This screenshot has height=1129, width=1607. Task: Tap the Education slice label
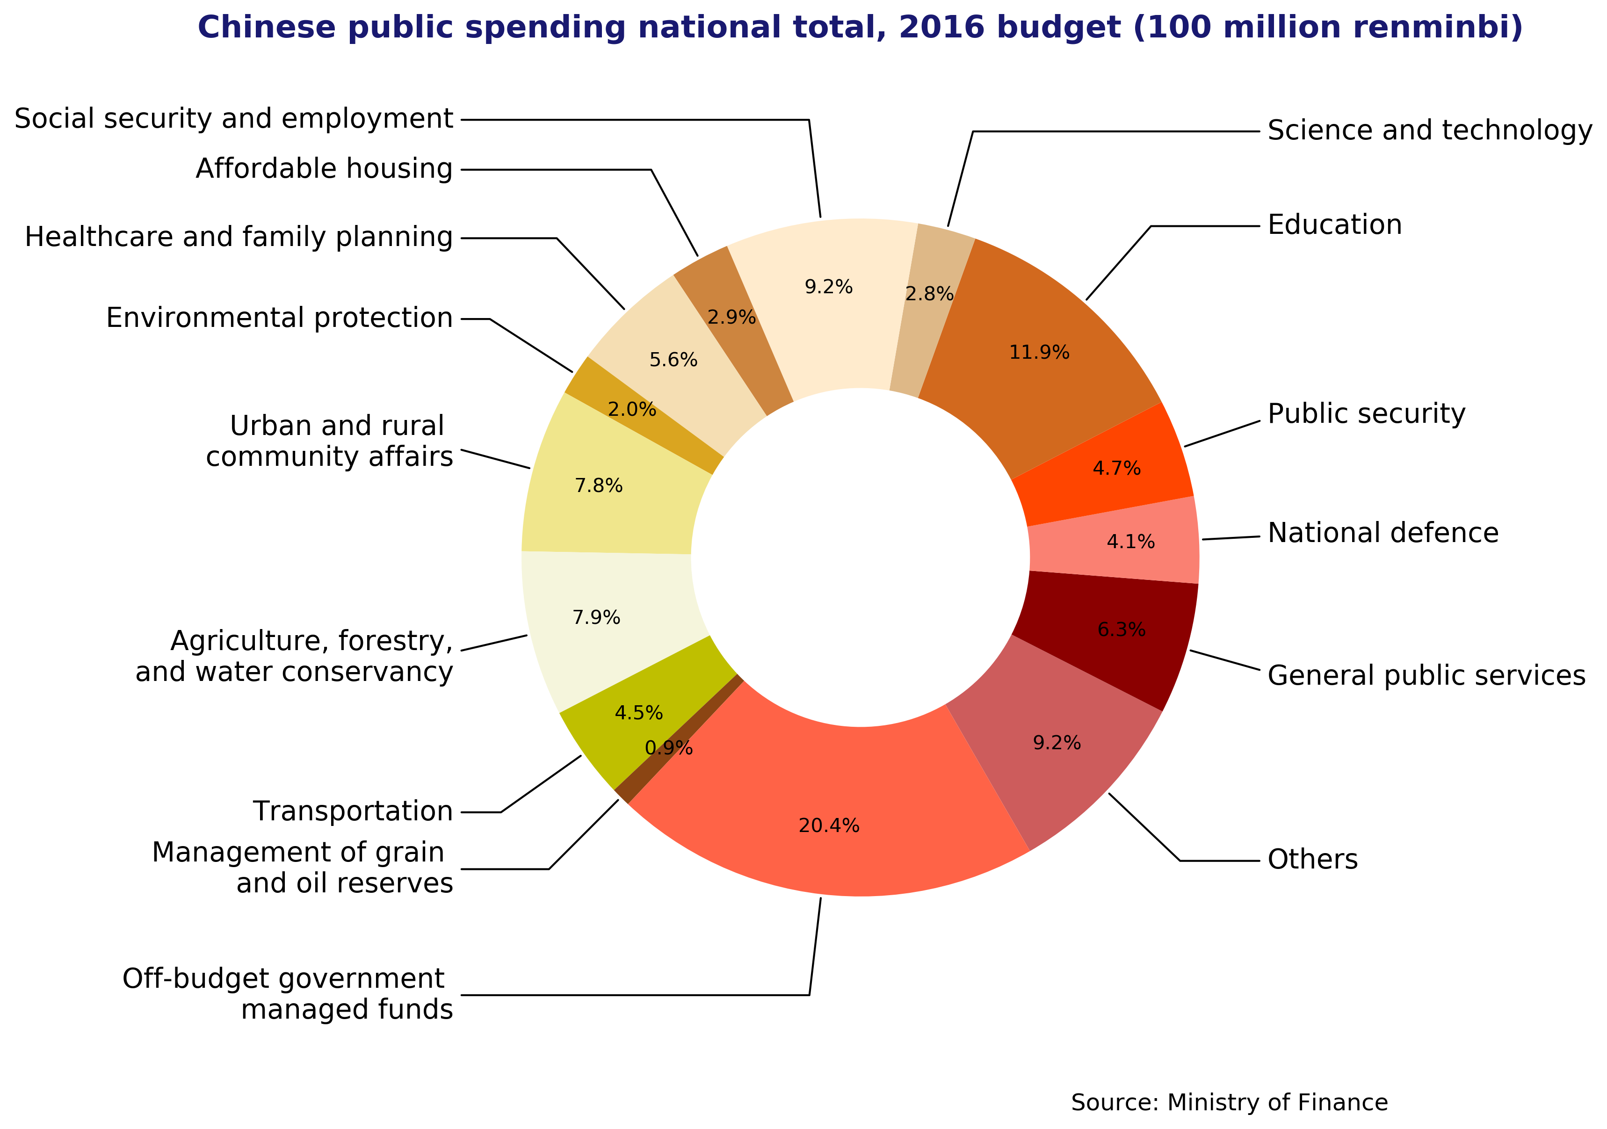coord(1334,225)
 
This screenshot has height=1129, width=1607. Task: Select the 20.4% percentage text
coord(829,826)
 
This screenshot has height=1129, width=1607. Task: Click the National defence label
coord(1383,533)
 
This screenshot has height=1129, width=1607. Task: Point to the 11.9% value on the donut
coord(1039,352)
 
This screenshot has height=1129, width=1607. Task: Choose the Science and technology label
coord(1429,131)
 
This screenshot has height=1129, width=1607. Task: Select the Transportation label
coord(353,811)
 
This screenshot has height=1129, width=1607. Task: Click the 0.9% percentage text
coord(668,748)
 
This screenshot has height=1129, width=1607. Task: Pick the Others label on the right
coord(1312,860)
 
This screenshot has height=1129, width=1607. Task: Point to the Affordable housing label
coord(324,169)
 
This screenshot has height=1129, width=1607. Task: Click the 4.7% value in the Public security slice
coord(1116,468)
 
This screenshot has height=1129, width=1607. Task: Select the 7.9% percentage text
coord(596,617)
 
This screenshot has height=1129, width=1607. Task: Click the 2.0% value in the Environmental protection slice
coord(631,410)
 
